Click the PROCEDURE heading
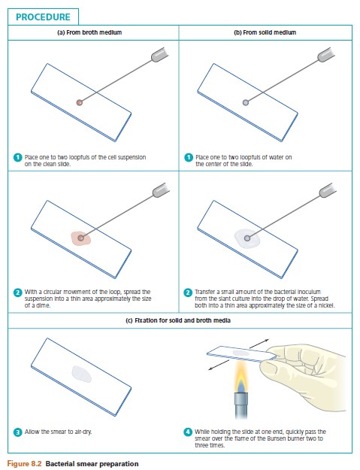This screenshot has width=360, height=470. (x=43, y=17)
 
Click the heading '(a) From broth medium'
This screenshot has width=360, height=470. (x=89, y=32)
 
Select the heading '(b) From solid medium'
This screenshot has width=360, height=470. (x=265, y=32)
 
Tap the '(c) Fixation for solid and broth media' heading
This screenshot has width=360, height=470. (x=178, y=320)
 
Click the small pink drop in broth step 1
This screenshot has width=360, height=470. (x=80, y=102)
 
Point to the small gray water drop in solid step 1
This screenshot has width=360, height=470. (x=246, y=102)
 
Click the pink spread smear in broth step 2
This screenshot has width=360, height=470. (x=81, y=238)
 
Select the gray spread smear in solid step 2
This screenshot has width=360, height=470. (x=247, y=238)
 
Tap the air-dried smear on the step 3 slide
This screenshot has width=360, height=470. (x=82, y=374)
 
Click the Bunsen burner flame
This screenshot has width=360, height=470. (x=241, y=377)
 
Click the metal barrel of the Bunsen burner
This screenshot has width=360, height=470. (x=241, y=405)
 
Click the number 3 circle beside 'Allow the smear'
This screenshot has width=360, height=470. (x=18, y=432)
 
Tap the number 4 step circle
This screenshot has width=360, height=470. (x=187, y=432)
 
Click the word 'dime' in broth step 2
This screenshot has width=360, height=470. (x=43, y=305)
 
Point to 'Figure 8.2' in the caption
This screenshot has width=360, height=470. (x=24, y=464)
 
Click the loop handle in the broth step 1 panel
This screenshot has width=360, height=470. (x=159, y=55)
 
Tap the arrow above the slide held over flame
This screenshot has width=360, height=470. (x=259, y=344)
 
